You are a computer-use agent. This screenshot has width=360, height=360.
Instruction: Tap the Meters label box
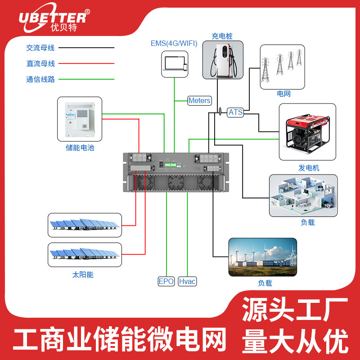[199, 100]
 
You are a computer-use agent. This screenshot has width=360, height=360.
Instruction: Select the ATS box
[235, 112]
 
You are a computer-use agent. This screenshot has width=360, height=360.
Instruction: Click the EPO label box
[166, 281]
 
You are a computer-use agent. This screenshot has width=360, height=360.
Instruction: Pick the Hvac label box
[187, 281]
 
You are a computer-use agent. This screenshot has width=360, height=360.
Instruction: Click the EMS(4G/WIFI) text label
[174, 43]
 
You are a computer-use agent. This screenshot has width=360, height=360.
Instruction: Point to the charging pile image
[222, 61]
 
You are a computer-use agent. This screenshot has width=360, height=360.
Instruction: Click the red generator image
[307, 132]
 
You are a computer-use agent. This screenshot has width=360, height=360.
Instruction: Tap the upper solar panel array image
[85, 225]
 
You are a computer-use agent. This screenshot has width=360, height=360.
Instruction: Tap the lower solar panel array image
[85, 255]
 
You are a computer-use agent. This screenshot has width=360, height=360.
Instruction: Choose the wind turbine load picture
[262, 257]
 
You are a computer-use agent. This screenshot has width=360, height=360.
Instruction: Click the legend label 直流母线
[40, 63]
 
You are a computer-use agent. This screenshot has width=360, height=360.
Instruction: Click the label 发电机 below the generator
[309, 167]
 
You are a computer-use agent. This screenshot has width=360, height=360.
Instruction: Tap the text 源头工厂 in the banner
[295, 310]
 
